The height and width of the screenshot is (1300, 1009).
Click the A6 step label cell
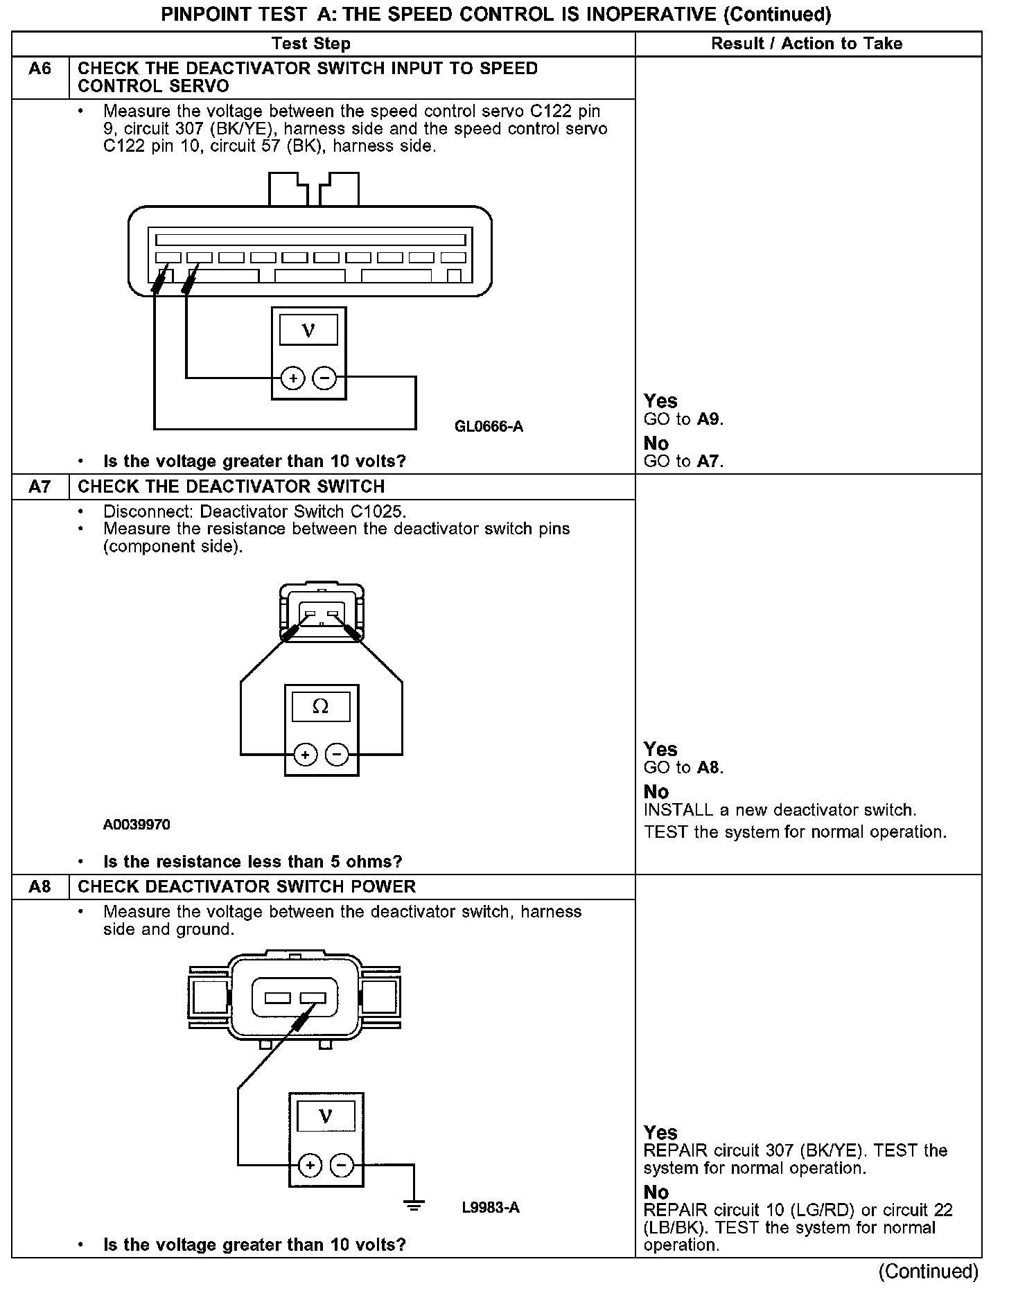coord(40,69)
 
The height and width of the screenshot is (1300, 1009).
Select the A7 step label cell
coord(40,487)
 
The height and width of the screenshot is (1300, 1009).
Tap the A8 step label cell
coord(40,887)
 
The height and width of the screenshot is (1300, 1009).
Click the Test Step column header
coord(311,44)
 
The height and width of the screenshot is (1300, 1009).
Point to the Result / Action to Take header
coord(807,44)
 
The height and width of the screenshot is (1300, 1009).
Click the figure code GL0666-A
coord(489,427)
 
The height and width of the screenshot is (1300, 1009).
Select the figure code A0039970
coord(137,825)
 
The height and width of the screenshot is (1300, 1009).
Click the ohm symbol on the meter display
coord(321,707)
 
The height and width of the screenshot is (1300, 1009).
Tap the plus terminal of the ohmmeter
coord(306,754)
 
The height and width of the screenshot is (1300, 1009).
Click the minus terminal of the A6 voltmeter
coord(324,378)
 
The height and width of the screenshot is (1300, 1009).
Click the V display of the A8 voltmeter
coord(326,1116)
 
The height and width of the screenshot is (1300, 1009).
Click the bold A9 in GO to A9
coord(710,419)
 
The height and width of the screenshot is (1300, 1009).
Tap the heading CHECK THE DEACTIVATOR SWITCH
coord(231,487)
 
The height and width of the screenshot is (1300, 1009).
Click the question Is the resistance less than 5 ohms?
coord(252,862)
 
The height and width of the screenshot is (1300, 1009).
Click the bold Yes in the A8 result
coord(660,1132)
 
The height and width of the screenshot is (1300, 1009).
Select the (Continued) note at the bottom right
coord(928,1272)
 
